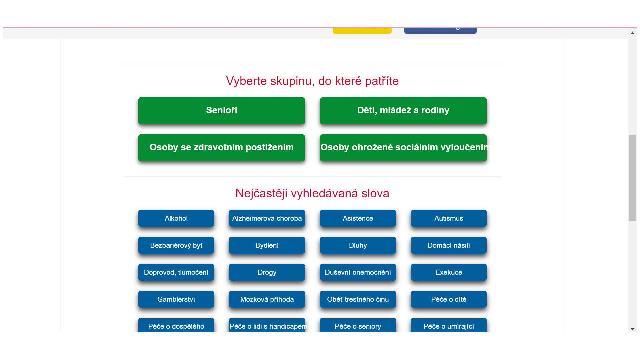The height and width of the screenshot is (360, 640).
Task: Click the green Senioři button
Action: [222, 111]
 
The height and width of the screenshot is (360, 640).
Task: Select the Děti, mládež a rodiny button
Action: [403, 111]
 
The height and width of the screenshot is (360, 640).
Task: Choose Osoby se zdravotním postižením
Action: [222, 148]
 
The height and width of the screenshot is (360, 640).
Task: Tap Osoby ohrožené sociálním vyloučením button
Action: [403, 148]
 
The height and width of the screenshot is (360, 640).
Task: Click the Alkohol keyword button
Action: [176, 218]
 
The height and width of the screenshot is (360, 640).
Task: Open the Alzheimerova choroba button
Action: [267, 218]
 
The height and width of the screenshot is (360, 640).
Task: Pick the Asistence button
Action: [358, 218]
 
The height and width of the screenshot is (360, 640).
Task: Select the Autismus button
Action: [449, 218]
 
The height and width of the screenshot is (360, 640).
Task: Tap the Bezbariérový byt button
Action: [176, 245]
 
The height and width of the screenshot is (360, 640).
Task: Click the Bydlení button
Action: [267, 245]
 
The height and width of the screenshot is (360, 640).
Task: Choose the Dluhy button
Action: [358, 245]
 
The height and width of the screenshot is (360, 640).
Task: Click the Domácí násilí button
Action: [449, 245]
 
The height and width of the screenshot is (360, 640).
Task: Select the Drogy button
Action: [267, 272]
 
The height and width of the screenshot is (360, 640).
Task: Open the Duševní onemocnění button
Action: [358, 272]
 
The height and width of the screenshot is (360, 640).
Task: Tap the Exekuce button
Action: [449, 272]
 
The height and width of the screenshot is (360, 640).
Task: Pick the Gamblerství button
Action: [176, 299]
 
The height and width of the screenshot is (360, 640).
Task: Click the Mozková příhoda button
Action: [267, 299]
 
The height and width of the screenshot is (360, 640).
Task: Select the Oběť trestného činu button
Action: [358, 299]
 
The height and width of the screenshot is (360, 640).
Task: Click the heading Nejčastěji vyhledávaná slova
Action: [312, 193]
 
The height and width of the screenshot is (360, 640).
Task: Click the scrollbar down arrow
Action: [632, 329]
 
